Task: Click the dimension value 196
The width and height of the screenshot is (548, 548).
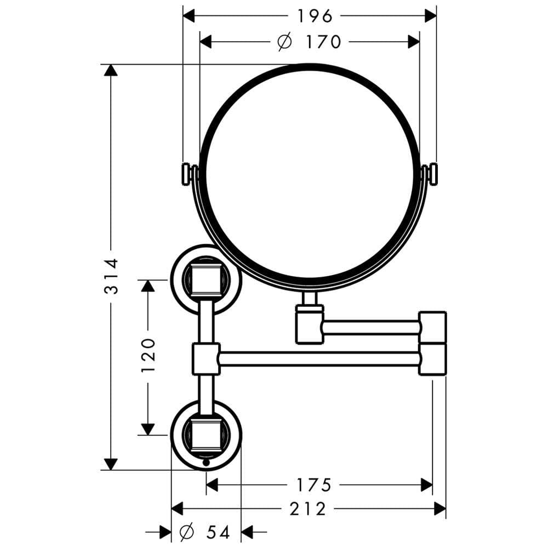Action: [x=315, y=16]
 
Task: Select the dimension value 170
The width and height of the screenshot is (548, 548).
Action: [x=323, y=42]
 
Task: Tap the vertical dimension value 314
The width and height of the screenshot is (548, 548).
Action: [x=112, y=276]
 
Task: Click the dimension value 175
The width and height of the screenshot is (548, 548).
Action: [x=313, y=485]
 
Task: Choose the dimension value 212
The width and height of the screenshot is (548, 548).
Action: [x=308, y=509]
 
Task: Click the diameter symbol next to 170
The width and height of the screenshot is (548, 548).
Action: [x=284, y=42]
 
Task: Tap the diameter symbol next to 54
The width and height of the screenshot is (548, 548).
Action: [x=186, y=533]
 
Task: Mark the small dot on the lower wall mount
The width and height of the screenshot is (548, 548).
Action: [x=206, y=463]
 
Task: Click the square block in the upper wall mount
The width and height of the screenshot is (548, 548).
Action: [x=206, y=280]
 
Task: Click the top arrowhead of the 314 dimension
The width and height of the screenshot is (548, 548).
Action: [x=111, y=70]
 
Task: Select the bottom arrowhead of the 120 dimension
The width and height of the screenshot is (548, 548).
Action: [x=148, y=430]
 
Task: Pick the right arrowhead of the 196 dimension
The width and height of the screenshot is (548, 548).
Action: [x=431, y=16]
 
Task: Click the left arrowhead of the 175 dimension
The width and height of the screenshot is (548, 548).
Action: [x=212, y=485]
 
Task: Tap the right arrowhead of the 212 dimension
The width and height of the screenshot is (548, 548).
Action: [x=440, y=509]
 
